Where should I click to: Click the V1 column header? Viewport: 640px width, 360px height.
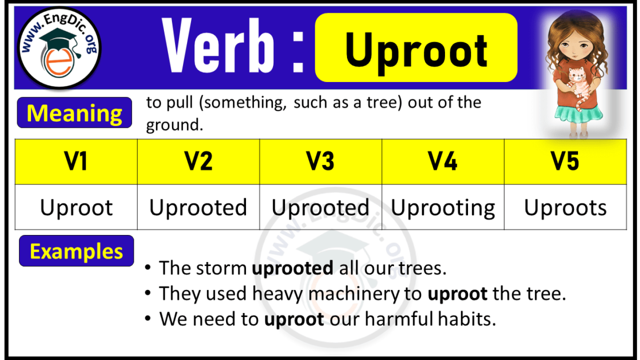coord(76,162)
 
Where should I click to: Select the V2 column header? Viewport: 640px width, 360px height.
coord(198,162)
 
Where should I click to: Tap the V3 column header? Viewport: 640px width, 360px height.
coord(321,162)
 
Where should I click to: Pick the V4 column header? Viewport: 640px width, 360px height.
coord(443,162)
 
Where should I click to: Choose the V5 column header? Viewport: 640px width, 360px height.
coord(565,162)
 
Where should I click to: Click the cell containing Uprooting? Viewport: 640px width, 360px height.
coord(443,208)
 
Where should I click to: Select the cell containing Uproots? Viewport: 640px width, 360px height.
coord(565,208)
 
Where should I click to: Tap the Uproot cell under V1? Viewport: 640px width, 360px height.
coord(76,208)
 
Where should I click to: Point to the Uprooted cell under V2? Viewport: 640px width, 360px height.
coord(198,208)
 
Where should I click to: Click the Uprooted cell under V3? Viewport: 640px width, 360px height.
coord(321,208)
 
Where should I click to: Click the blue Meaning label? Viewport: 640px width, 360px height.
coord(75,113)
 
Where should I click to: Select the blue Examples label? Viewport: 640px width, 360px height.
coord(76,251)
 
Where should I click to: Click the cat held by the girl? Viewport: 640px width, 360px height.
coord(576,83)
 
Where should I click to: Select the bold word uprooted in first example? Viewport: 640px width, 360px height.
coord(292,268)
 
